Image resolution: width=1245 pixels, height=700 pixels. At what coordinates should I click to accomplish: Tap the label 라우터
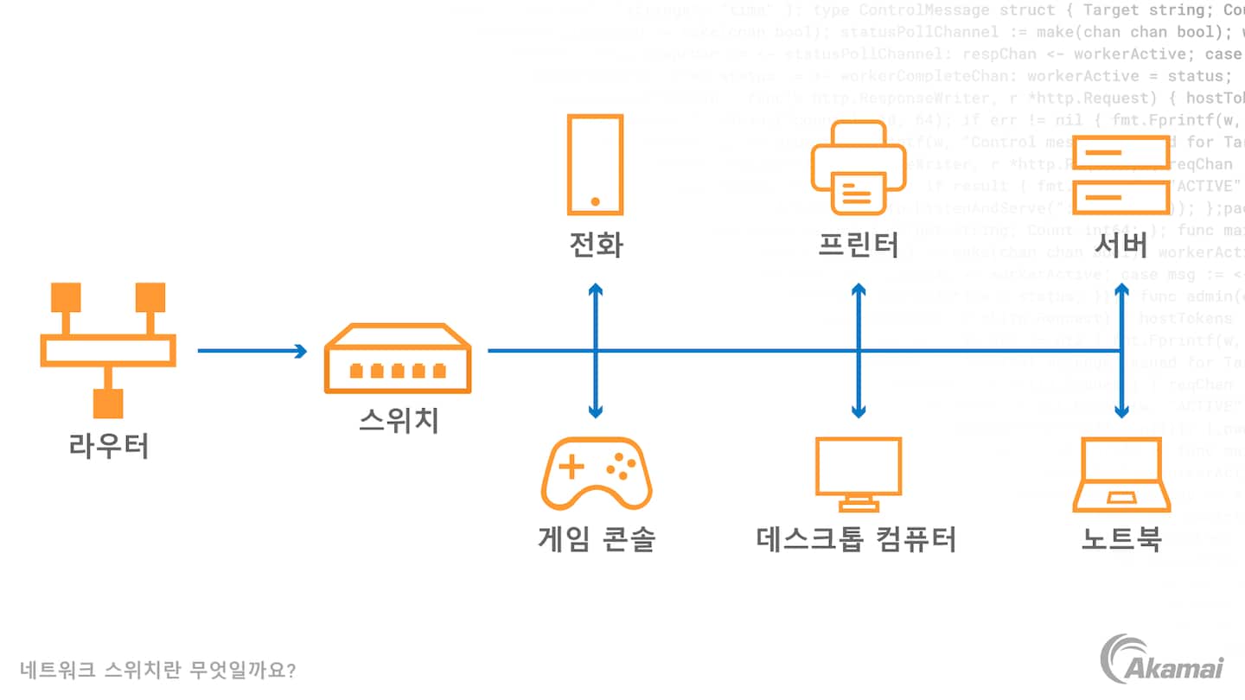[108, 446]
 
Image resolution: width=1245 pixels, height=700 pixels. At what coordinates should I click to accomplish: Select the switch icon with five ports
[398, 358]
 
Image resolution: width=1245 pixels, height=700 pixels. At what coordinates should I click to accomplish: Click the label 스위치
[399, 421]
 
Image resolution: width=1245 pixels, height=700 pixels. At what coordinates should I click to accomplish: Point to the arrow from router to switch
[252, 351]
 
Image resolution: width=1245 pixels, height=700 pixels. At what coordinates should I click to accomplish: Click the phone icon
[595, 164]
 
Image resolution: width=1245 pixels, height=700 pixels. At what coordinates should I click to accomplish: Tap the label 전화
[595, 245]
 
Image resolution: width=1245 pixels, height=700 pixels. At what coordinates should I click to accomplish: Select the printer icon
[858, 168]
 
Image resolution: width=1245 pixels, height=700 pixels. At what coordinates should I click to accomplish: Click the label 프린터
[858, 245]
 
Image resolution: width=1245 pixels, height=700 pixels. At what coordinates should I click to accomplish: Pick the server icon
[1121, 175]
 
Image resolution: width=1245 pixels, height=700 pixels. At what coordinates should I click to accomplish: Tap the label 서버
[1121, 245]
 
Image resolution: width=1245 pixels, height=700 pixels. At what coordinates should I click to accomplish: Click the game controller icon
[597, 474]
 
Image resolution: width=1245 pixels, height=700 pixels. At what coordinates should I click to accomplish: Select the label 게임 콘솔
[597, 539]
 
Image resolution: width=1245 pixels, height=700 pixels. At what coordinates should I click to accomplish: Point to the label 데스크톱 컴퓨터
[857, 539]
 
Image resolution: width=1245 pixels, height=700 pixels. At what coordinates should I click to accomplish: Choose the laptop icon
[1121, 475]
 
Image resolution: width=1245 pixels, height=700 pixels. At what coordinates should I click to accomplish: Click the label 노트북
[1121, 539]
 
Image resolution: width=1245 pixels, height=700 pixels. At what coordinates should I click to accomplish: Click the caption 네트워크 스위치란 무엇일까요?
[157, 670]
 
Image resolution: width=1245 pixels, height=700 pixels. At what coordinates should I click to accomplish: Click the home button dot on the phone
[595, 201]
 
